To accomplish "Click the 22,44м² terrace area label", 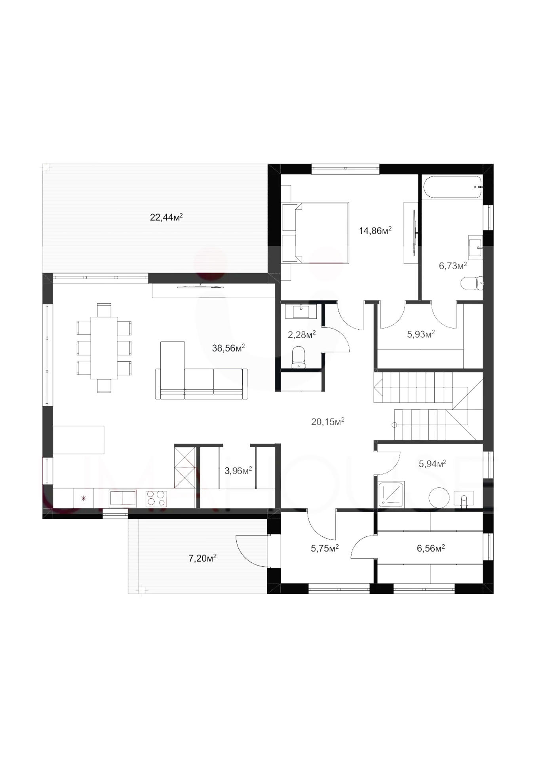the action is point(166,217).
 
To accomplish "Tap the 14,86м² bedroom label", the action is point(375,230).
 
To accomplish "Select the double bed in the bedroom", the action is point(316,233).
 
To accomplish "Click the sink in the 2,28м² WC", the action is point(301,311).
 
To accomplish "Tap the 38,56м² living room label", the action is point(228,348).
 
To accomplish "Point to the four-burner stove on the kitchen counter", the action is point(156,499).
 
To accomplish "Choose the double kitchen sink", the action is point(123,499).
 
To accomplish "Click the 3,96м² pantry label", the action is point(238,471).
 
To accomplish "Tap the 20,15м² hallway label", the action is point(327,422).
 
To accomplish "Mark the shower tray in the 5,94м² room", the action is point(391,494).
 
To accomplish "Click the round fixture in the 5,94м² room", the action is point(439,498).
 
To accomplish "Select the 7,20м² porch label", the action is point(202,558).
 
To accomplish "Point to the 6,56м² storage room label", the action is point(431,548).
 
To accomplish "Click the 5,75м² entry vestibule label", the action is point(325,548).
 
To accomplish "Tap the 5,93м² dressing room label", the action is point(421,334).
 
